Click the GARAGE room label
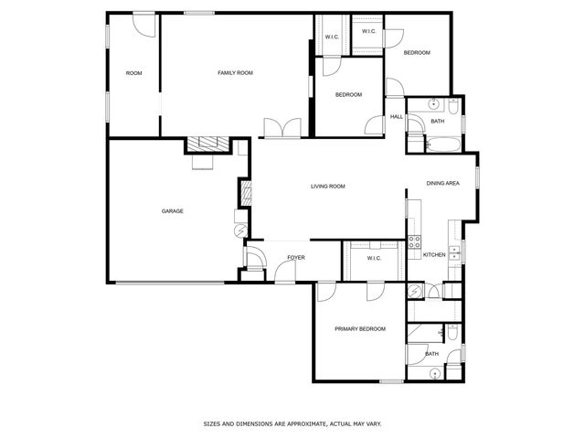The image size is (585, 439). [173, 211]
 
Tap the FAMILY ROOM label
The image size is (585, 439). [235, 72]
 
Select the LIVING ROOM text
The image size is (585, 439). [328, 187]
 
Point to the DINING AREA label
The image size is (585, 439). [442, 184]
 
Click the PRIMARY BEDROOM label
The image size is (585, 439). [359, 328]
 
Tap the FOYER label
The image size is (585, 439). [295, 258]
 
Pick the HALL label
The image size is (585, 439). [397, 117]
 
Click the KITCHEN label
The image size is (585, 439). [434, 254]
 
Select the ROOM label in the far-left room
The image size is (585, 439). [134, 73]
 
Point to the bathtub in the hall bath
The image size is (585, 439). [438, 144]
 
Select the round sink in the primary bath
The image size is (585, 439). [433, 372]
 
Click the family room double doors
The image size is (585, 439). [282, 128]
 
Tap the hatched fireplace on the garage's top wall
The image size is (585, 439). [207, 144]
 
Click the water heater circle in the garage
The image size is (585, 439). [240, 218]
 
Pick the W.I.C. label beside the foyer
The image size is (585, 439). [374, 258]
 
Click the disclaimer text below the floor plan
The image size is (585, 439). [292, 423]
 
